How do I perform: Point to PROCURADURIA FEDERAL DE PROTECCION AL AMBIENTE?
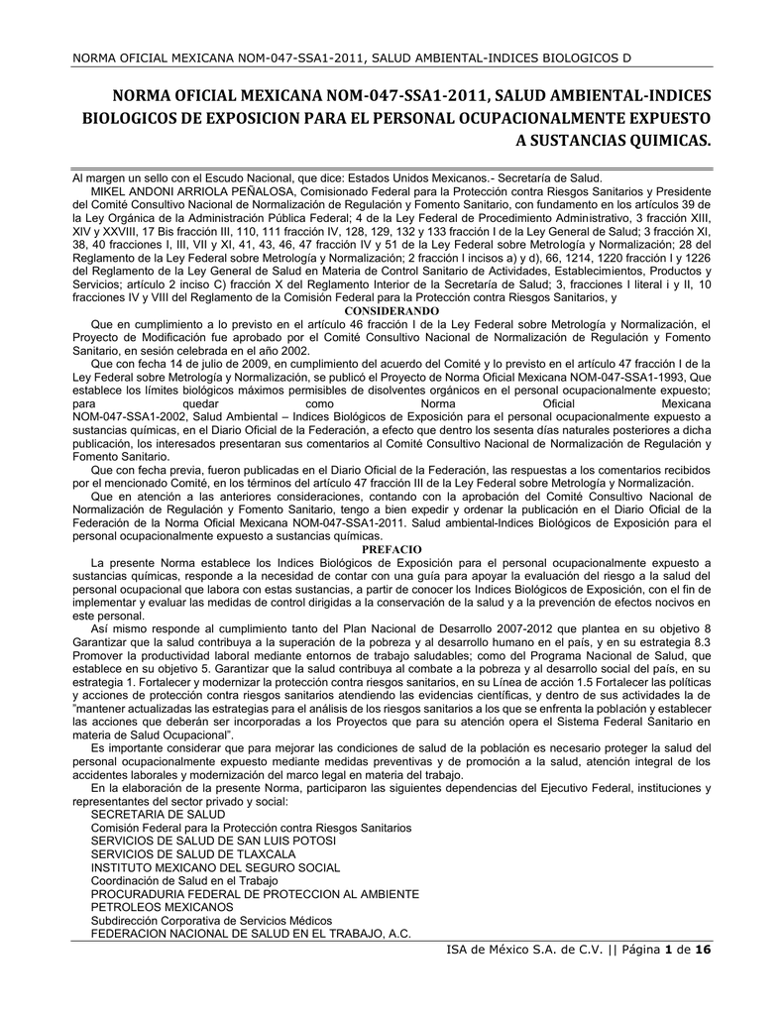[x=255, y=893]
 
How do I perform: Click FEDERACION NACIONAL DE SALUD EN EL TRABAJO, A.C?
[x=251, y=933]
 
